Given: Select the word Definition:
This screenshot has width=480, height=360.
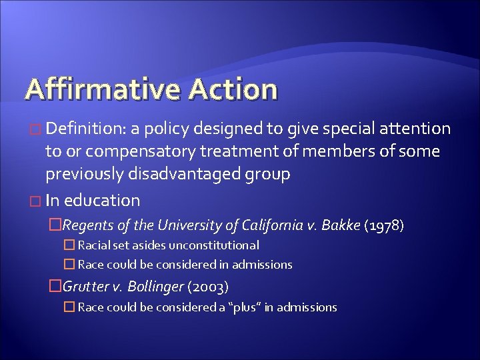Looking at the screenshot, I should [x=89, y=128].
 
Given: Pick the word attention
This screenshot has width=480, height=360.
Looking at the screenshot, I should [x=415, y=128].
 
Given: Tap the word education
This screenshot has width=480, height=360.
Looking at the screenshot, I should [x=102, y=200].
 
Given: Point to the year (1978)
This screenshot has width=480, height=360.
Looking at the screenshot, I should [x=385, y=225].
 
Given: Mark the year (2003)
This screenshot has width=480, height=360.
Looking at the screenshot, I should [x=209, y=287].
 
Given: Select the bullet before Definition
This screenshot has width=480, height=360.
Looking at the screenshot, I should [x=36, y=129].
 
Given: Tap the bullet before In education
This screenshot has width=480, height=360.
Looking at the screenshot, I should [x=36, y=201].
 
